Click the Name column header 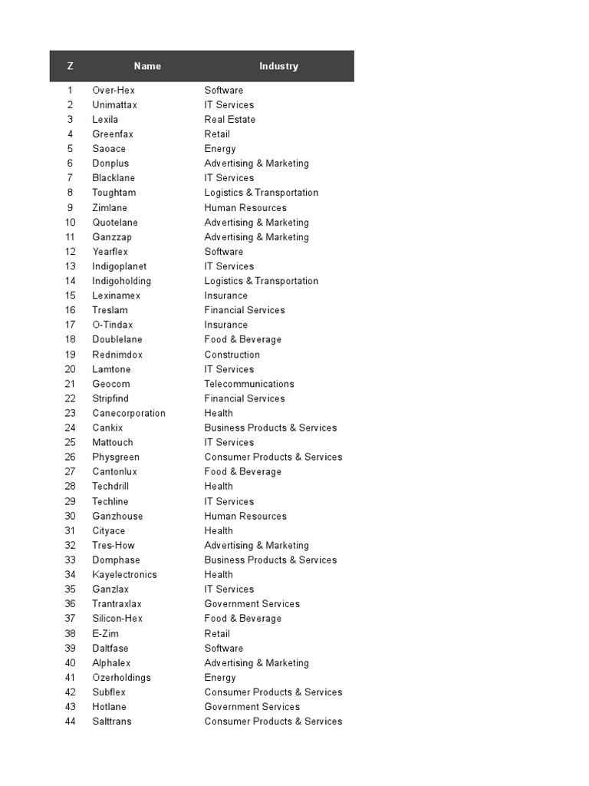click(x=147, y=66)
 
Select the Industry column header click(x=278, y=66)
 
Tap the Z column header click(x=71, y=66)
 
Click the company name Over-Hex click(x=114, y=91)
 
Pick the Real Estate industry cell click(x=230, y=120)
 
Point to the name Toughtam click(x=114, y=193)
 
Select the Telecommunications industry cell click(x=249, y=384)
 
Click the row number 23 click(x=71, y=413)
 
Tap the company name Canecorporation click(x=129, y=413)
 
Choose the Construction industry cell click(x=232, y=355)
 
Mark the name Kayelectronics click(x=124, y=574)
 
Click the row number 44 click(x=71, y=722)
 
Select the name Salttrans click(x=112, y=722)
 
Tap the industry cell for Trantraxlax click(x=252, y=604)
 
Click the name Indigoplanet click(x=120, y=266)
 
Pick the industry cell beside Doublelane click(x=243, y=339)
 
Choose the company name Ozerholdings click(x=122, y=678)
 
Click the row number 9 click(x=71, y=208)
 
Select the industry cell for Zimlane click(x=245, y=208)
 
